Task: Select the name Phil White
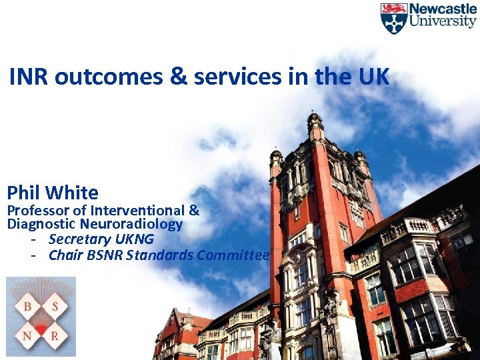pos(53,193)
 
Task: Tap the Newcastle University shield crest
pos(393,18)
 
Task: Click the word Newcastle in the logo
pos(442,9)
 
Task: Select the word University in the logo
pos(442,21)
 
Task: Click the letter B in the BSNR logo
pos(28,307)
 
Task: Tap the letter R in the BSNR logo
pos(54,337)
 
